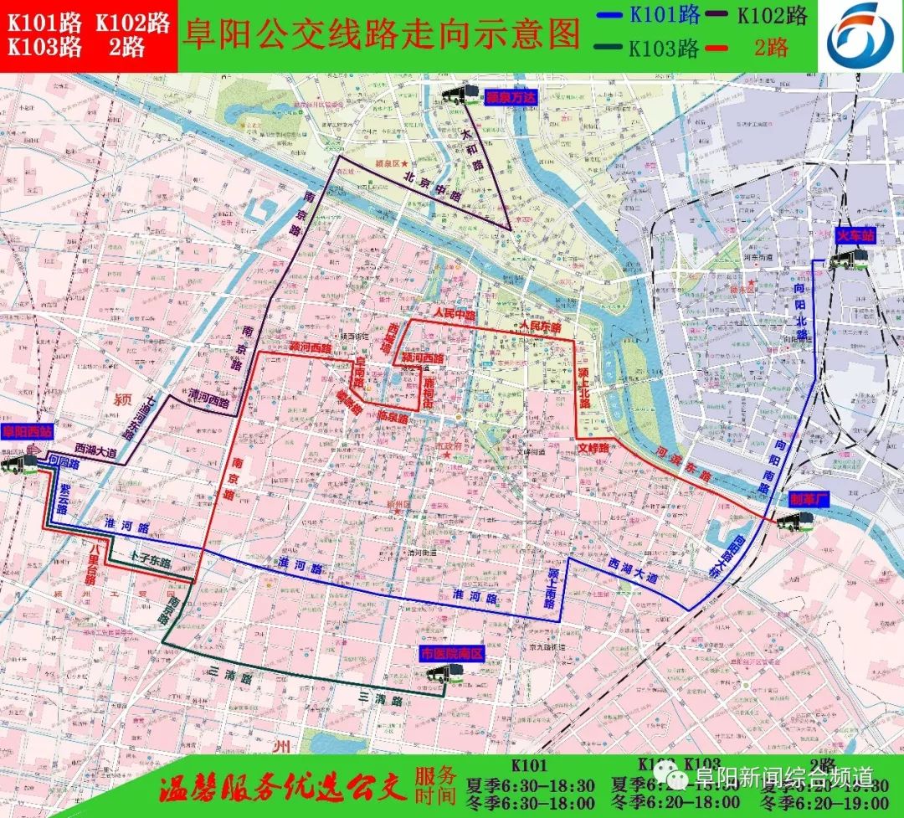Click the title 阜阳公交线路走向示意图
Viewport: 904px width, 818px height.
[x=382, y=34]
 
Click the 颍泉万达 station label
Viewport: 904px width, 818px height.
[x=506, y=97]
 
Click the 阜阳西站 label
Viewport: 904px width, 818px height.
[x=28, y=433]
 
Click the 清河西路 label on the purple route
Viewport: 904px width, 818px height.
[x=208, y=401]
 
